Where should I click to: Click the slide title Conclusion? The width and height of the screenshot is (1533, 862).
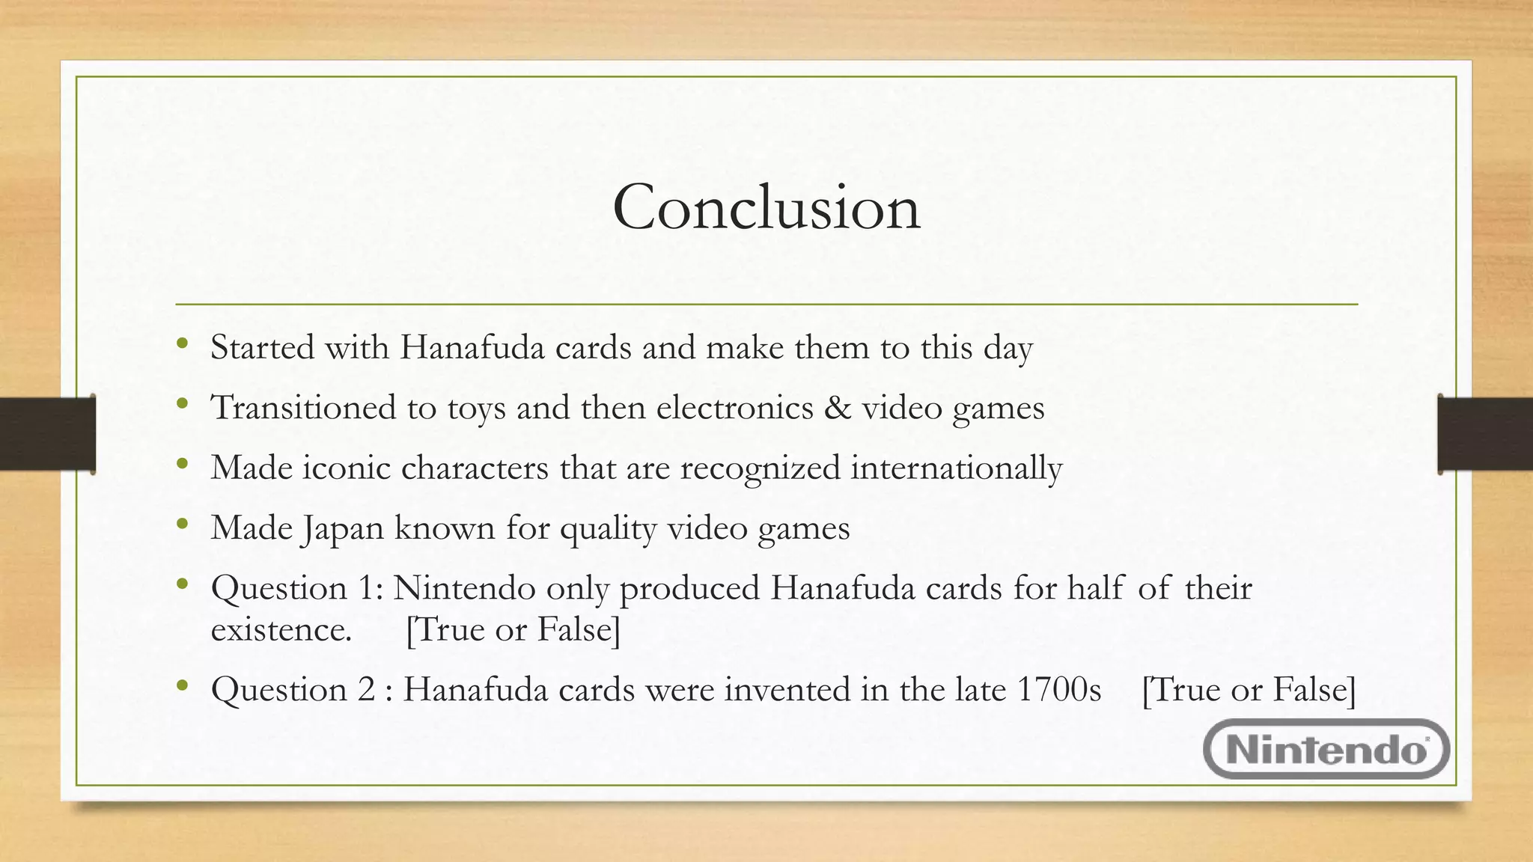[766, 207]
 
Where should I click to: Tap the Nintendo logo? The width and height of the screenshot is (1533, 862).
[1326, 749]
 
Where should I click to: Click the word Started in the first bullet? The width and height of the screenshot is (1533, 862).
[262, 347]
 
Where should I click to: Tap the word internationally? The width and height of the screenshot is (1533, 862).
[956, 468]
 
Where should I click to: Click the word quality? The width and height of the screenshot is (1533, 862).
[608, 529]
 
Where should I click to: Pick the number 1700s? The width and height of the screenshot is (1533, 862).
[1058, 689]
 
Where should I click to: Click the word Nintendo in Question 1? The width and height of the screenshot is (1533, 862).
[464, 588]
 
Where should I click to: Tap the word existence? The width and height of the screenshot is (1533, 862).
[281, 629]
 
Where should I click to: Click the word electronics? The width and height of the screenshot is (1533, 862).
[734, 408]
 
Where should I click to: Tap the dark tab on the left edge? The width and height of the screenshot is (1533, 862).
[47, 434]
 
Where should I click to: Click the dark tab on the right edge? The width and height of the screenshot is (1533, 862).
[1485, 434]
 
